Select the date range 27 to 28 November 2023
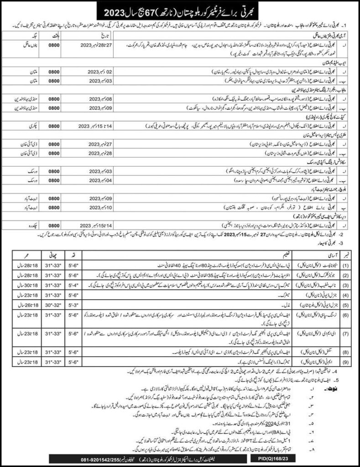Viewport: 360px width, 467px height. (x=93, y=46)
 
